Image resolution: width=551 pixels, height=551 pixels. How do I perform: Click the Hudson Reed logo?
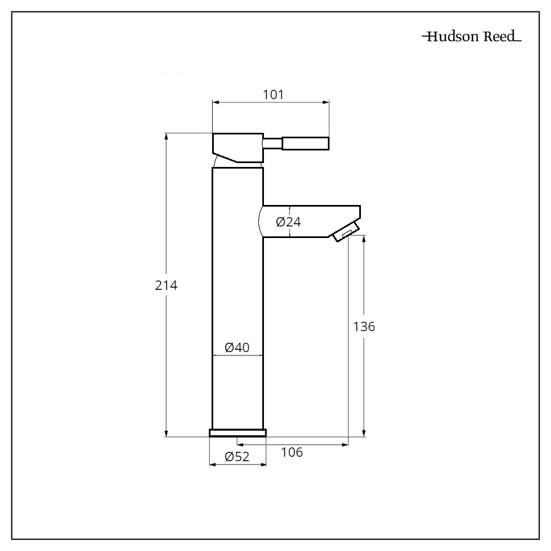(471, 38)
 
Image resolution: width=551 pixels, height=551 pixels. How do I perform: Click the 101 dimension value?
(273, 94)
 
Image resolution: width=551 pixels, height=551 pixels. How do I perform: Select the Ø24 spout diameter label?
(288, 222)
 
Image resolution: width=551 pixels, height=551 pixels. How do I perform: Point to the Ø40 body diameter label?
(237, 348)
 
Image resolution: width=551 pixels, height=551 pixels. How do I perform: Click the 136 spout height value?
(364, 326)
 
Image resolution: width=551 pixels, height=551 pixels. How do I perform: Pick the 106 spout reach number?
(292, 452)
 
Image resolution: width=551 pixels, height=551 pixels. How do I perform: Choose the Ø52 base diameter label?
(237, 457)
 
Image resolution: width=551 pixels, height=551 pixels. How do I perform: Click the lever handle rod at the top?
(306, 144)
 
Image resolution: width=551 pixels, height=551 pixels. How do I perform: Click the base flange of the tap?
(237, 433)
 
